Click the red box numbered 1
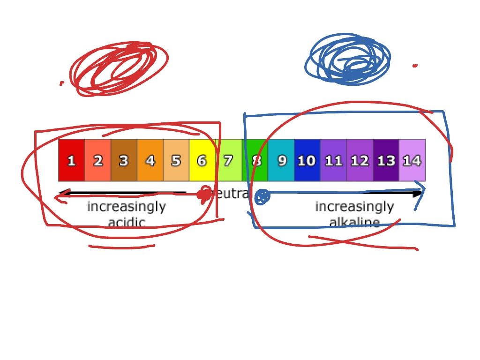coord(71,160)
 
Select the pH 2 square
coord(97,160)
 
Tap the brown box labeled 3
coord(124,160)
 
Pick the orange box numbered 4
coord(150,160)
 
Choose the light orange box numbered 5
coord(176,160)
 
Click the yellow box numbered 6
coord(202,160)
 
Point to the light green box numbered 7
coord(229,160)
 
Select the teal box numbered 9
coord(281,160)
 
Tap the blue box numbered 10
coord(307,160)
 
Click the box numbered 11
coord(333,160)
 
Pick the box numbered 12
coord(360,160)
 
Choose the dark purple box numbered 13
coord(386,160)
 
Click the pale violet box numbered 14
coord(412,160)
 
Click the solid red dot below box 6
coord(204,194)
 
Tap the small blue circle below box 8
coord(262,196)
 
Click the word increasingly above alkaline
coord(354,207)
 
